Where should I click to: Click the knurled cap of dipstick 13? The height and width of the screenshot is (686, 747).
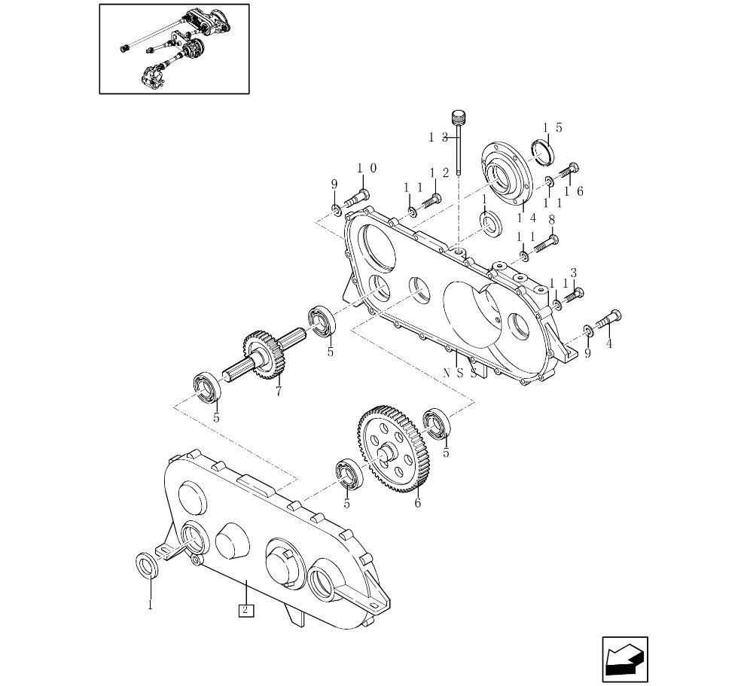pyautogui.click(x=458, y=117)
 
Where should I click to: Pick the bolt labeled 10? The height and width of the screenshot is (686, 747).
pyautogui.click(x=357, y=200)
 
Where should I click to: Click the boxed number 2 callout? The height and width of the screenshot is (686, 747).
pyautogui.click(x=245, y=610)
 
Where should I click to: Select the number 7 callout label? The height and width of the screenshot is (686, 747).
pyautogui.click(x=279, y=392)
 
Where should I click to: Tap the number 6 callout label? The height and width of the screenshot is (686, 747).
pyautogui.click(x=417, y=503)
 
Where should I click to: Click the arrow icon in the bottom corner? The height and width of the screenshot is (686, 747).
pyautogui.click(x=624, y=660)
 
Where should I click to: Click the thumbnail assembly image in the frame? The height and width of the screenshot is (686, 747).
pyautogui.click(x=174, y=49)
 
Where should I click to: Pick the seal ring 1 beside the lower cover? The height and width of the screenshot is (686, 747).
pyautogui.click(x=147, y=565)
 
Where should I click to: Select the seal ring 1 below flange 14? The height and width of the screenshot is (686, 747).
pyautogui.click(x=492, y=223)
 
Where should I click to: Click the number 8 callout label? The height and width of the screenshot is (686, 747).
pyautogui.click(x=551, y=219)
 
